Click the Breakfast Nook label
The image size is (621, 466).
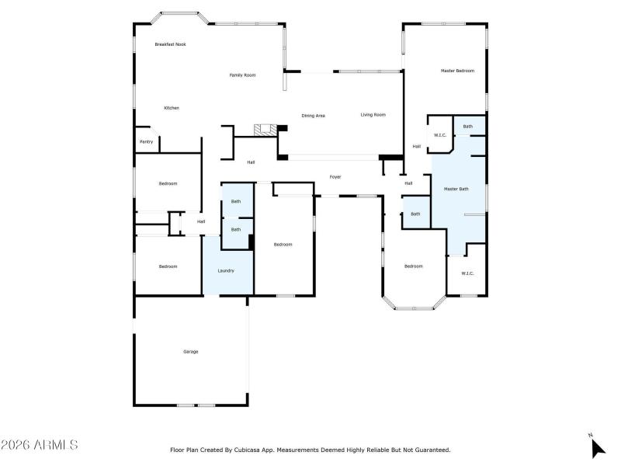point(170,44)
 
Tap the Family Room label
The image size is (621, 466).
point(242,75)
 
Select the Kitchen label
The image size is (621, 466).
point(171,108)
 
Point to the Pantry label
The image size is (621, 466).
point(146,142)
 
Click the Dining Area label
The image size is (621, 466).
point(313,116)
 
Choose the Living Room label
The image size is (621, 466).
point(373,115)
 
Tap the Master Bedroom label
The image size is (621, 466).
point(457,71)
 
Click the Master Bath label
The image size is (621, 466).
point(456,189)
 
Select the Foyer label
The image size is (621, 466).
point(335,177)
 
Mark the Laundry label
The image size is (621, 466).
point(226,271)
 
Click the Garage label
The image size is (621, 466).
point(190,352)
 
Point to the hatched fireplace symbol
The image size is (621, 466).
point(266,130)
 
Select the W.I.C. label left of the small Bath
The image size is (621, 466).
point(439,136)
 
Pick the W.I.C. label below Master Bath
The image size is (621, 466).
point(467,273)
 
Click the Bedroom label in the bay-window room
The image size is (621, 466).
point(413,266)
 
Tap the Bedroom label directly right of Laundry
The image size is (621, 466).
point(283,245)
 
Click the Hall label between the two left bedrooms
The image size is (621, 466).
point(201,222)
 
